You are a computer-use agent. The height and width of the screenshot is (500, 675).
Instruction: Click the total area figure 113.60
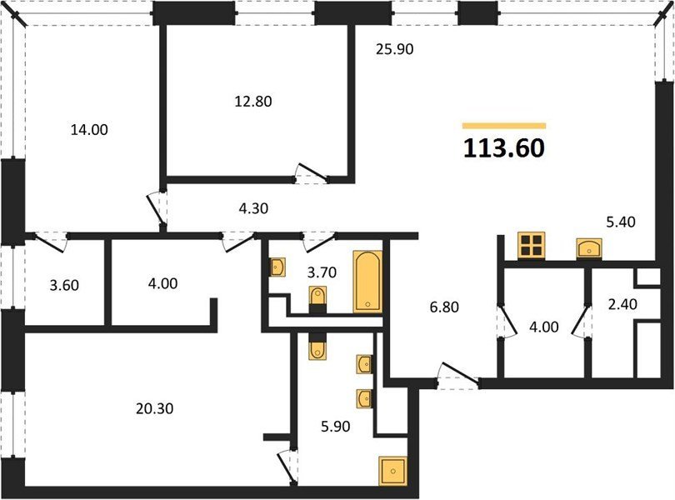tap(503, 147)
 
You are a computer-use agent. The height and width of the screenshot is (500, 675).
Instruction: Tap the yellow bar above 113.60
tap(504, 126)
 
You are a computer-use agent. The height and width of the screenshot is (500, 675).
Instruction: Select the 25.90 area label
tap(394, 49)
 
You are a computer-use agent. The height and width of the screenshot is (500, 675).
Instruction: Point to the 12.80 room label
tap(253, 101)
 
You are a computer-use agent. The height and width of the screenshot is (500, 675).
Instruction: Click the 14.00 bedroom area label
tap(89, 129)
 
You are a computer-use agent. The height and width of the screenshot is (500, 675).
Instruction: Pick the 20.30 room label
tap(154, 407)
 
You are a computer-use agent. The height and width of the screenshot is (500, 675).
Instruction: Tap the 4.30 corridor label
tap(253, 208)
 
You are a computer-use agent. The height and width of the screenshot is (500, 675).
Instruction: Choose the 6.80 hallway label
tap(444, 307)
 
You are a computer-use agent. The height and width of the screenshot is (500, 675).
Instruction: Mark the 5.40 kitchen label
tap(620, 222)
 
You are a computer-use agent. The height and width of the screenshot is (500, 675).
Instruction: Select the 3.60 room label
tap(64, 285)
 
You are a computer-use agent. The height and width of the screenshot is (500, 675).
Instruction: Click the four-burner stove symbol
tap(532, 246)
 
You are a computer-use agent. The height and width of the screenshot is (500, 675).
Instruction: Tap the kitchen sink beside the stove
tap(589, 249)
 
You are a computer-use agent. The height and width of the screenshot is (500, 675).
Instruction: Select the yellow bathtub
tap(367, 281)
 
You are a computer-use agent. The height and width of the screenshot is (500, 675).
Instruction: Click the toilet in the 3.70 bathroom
tap(317, 299)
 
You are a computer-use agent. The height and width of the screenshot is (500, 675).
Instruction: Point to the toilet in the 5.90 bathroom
tap(317, 346)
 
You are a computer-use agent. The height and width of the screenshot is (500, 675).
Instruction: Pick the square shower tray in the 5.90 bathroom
tap(392, 471)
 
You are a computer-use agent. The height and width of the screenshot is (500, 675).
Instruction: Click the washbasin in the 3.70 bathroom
tap(277, 267)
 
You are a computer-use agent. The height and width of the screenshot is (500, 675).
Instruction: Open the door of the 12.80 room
tap(312, 171)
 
